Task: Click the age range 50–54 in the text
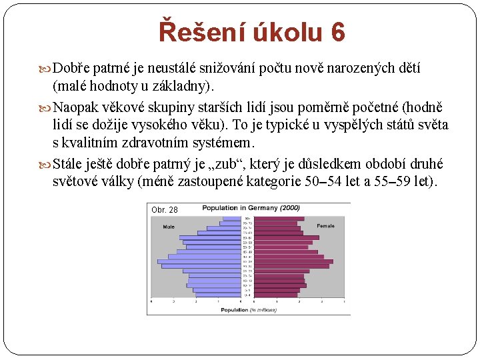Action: (321, 181)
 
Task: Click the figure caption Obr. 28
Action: (165, 210)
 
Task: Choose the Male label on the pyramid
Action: (169, 227)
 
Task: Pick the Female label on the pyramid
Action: (326, 227)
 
